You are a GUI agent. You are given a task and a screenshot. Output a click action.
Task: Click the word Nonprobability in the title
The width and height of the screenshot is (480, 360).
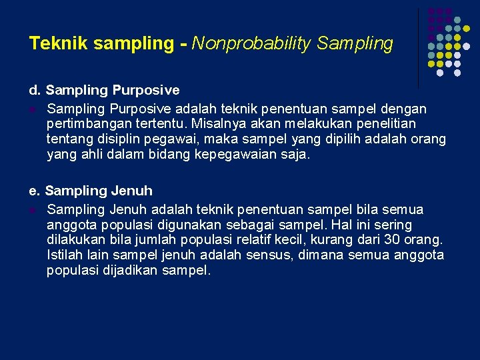(x=252, y=44)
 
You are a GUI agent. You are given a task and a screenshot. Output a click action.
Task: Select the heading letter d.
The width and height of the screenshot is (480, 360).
(x=34, y=90)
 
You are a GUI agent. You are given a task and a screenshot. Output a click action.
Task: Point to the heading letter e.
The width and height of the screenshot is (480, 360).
(x=34, y=191)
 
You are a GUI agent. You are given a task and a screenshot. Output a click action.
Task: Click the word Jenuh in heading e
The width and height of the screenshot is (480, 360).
(x=132, y=191)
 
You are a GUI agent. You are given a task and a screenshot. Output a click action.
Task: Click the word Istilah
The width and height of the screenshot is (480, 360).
(x=66, y=255)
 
